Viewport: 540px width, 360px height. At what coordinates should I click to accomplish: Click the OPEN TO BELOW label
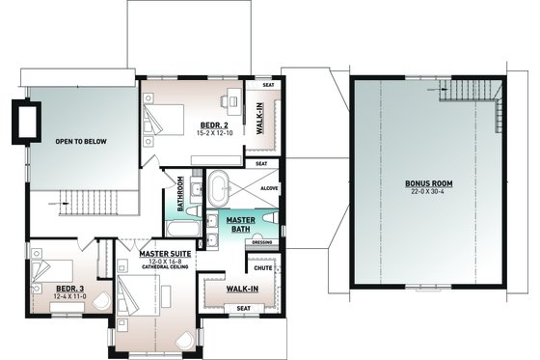81,142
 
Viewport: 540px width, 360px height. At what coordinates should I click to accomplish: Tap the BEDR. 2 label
213,125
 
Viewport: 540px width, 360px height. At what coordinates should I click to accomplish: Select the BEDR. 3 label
69,288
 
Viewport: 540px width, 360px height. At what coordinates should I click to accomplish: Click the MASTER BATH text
240,225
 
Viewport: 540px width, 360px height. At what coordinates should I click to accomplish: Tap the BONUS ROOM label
428,183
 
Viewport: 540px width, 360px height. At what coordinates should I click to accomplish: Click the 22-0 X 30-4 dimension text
428,192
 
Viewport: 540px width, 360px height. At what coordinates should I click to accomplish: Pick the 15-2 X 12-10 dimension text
213,134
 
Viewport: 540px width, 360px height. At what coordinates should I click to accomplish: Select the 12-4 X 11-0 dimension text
69,296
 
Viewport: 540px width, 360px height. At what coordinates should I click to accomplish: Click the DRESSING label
261,241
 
